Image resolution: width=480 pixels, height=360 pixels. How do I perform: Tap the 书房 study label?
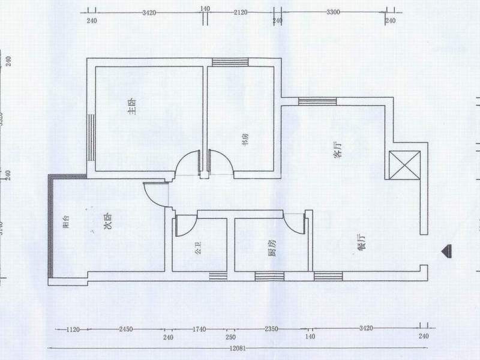245,140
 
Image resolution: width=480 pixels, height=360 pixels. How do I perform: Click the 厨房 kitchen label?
272,247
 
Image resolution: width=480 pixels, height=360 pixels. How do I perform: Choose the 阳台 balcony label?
67,223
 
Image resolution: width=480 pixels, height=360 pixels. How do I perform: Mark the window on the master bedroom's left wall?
91,137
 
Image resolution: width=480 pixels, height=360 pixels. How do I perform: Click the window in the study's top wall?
230,61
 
